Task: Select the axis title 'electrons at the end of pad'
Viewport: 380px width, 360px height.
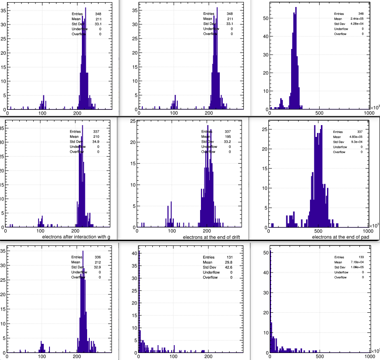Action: click(340, 237)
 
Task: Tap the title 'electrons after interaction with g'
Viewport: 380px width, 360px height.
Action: click(76, 237)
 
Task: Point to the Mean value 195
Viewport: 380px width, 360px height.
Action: click(228, 136)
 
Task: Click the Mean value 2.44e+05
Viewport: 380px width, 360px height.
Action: click(355, 19)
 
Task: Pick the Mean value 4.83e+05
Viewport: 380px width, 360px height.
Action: click(355, 136)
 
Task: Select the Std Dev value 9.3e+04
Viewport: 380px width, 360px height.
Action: click(356, 142)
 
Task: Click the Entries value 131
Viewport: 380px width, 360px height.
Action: click(228, 257)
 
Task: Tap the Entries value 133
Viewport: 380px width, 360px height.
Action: click(361, 257)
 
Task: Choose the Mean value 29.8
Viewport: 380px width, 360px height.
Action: click(228, 262)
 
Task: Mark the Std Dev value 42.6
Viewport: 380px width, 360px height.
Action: click(228, 268)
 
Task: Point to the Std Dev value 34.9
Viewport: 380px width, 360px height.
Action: click(96, 142)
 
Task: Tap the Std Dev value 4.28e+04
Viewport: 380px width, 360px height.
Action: click(355, 24)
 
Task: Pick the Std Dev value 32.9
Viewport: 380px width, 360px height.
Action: click(98, 268)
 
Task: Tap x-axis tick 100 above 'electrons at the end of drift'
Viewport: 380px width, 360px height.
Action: click(172, 231)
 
